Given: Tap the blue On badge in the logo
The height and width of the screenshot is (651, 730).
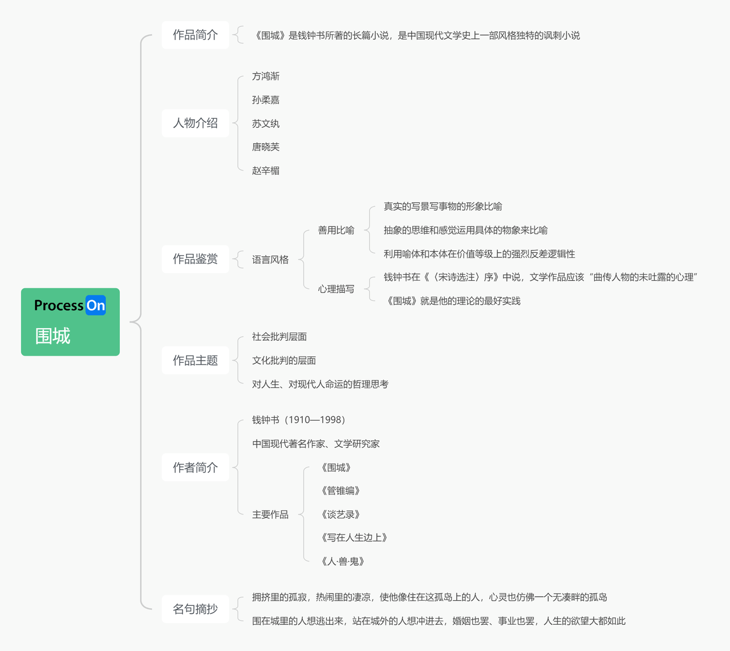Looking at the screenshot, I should pos(96,305).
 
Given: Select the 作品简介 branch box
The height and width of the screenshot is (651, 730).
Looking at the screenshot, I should pos(195,35).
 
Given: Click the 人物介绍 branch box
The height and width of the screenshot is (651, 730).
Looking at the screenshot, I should pos(195,123).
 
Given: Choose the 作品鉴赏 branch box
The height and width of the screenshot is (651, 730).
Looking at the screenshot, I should pos(195,259).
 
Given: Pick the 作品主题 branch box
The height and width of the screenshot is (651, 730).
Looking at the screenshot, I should pos(195,361).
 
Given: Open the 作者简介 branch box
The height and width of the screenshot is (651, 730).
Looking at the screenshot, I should pos(195,468).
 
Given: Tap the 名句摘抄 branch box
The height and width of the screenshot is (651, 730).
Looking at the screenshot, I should pos(195,609).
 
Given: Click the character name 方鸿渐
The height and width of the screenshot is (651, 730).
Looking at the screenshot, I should pos(266,76).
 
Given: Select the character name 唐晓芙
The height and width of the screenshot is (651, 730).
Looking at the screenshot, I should pos(266,147).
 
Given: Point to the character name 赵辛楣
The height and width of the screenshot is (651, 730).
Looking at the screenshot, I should pos(266,171).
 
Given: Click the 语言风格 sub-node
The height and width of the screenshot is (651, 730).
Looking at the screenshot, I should pos(270,260).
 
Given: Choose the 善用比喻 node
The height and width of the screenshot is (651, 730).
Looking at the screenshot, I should pos(336,231).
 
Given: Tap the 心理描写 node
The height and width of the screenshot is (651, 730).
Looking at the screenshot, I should pos(336,289).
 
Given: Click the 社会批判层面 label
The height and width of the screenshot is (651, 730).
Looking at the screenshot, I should pos(279,337).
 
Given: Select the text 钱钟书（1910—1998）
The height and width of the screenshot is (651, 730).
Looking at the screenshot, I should pos(299,420).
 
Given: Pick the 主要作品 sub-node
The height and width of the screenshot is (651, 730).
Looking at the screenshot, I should pos(270,515).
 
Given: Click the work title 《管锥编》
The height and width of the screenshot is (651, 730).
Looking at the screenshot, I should pos(340,491).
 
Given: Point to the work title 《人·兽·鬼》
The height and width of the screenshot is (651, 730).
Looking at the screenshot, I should pos(343,561).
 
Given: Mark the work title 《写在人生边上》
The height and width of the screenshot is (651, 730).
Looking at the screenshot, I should pos(354,537).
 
